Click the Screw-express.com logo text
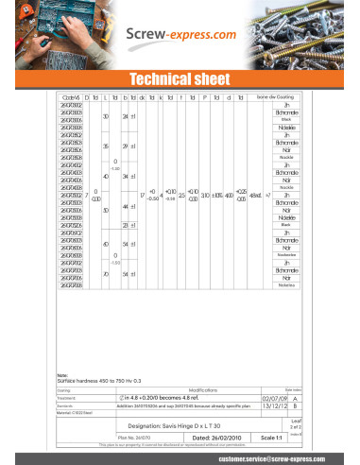pyautogui.click(x=182, y=34)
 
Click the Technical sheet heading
pyautogui.click(x=180, y=78)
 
